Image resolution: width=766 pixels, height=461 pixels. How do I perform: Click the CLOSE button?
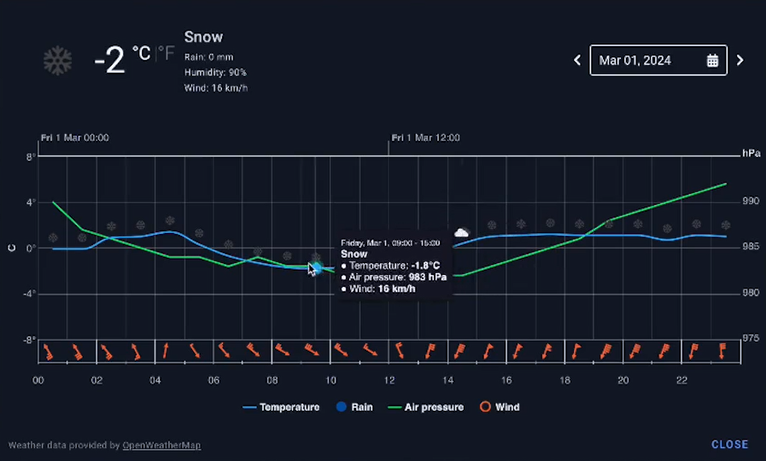pyautogui.click(x=729, y=445)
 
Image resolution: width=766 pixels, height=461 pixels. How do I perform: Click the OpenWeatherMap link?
pyautogui.click(x=161, y=446)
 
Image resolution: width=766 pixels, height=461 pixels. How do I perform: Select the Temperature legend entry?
pyautogui.click(x=281, y=407)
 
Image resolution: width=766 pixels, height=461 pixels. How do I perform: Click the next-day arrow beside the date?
pyautogui.click(x=740, y=61)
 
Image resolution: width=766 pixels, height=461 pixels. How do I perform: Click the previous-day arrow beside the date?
pyautogui.click(x=577, y=61)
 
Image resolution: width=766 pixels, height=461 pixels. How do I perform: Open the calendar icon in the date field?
pyautogui.click(x=713, y=61)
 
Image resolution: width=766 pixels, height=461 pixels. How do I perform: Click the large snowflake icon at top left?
pyautogui.click(x=58, y=61)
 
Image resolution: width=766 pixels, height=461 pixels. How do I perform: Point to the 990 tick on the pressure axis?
pyautogui.click(x=751, y=201)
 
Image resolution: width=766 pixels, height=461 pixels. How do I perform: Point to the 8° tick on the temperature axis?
pyautogui.click(x=31, y=157)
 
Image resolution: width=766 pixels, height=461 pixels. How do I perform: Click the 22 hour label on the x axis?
pyautogui.click(x=681, y=381)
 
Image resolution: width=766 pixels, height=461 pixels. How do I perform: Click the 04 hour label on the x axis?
pyautogui.click(x=155, y=381)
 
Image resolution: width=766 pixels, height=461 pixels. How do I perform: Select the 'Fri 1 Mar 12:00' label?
pyautogui.click(x=425, y=137)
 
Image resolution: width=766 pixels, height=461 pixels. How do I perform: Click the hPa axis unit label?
pyautogui.click(x=751, y=154)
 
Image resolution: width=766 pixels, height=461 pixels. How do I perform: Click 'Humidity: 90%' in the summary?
pyautogui.click(x=215, y=73)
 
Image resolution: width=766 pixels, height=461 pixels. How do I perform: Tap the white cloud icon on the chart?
pyautogui.click(x=461, y=232)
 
